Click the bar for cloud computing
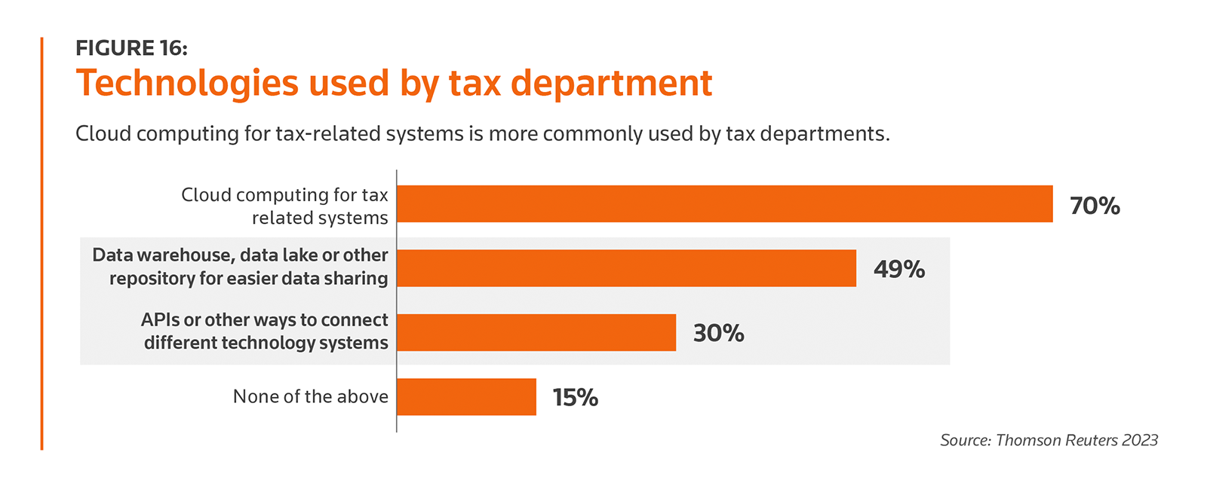point(724,203)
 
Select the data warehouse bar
point(626,268)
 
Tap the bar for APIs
point(536,332)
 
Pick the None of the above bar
point(466,396)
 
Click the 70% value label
point(1095,206)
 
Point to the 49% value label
point(899,270)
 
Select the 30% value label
point(718,333)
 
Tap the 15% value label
point(575,397)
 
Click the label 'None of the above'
point(310,396)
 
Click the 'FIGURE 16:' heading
point(131,48)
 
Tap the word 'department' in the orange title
point(611,84)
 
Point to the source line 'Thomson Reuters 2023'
point(1049,440)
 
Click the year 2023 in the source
point(1139,440)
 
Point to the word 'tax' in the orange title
point(475,84)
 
